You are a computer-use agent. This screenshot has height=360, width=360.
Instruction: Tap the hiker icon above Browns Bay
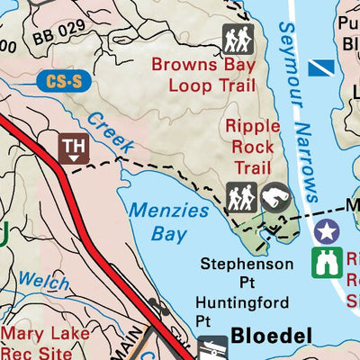(x=238, y=40)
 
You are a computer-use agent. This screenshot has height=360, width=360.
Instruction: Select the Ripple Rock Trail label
(x=253, y=148)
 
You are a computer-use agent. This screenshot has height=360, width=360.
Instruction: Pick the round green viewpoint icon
(x=274, y=199)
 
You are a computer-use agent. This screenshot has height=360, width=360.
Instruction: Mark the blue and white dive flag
(x=321, y=67)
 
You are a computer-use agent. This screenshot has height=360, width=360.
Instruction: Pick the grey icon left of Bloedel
(x=212, y=347)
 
